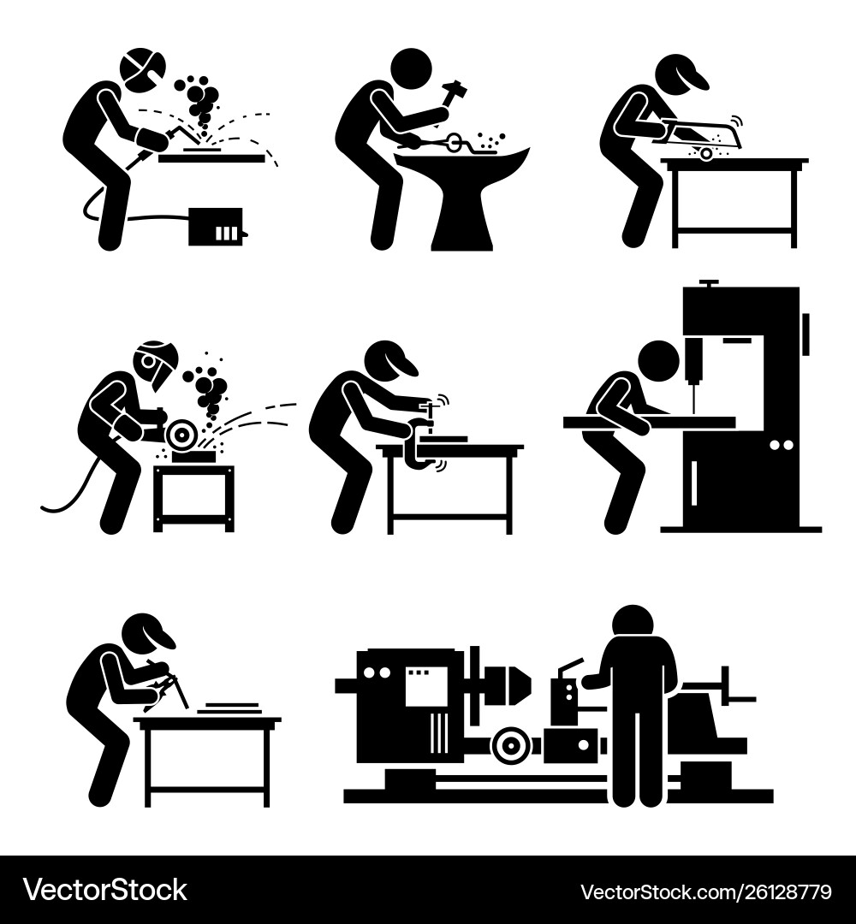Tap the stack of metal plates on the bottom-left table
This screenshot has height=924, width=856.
tap(230, 707)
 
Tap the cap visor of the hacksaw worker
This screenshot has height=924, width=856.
tap(698, 82)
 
